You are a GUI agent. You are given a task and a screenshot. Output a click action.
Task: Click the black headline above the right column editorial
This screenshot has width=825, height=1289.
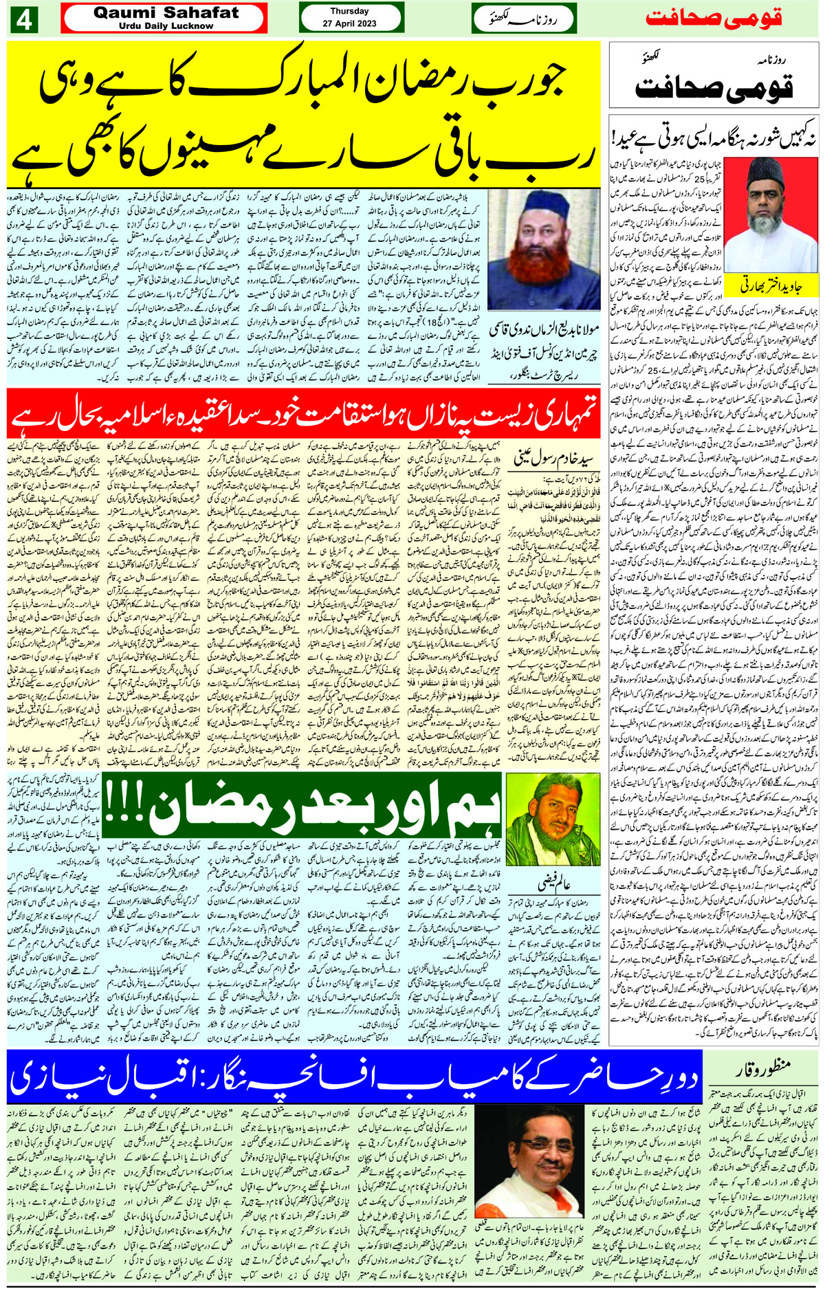(712, 136)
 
